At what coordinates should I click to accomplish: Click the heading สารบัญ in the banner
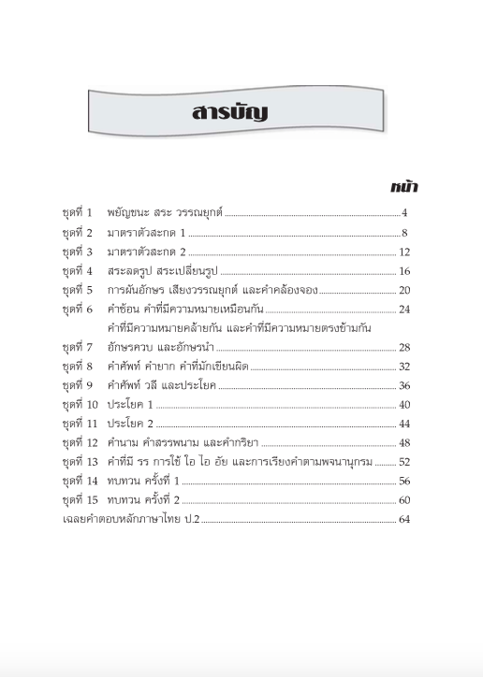pyautogui.click(x=228, y=113)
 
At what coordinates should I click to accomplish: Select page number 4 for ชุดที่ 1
pyautogui.click(x=405, y=214)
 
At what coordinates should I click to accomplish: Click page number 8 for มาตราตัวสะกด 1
pyautogui.click(x=405, y=233)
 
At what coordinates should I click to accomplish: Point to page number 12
pyautogui.click(x=404, y=252)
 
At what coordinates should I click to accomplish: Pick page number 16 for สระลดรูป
pyautogui.click(x=404, y=271)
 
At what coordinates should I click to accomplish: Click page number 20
pyautogui.click(x=404, y=291)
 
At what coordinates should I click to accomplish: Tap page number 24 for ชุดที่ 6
pyautogui.click(x=404, y=310)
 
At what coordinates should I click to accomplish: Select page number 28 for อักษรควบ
pyautogui.click(x=404, y=348)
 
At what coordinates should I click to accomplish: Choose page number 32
pyautogui.click(x=404, y=367)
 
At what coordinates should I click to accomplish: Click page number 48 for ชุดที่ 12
pyautogui.click(x=404, y=443)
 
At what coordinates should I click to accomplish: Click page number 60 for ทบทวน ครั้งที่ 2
pyautogui.click(x=404, y=500)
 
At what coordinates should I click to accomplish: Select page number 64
pyautogui.click(x=404, y=520)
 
